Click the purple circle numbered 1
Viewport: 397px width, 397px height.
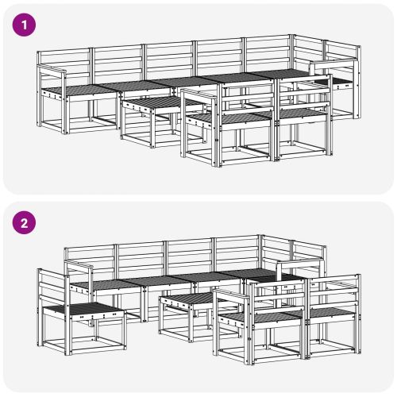pyautogui.click(x=24, y=25)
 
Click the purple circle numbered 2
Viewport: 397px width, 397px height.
pyautogui.click(x=24, y=223)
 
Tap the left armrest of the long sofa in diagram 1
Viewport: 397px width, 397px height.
pyautogui.click(x=52, y=69)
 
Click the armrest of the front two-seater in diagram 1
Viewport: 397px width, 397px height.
pyautogui.click(x=200, y=95)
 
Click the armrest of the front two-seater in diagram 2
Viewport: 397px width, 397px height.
pyautogui.click(x=232, y=295)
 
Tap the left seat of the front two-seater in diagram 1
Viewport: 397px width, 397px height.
pyautogui.click(x=230, y=118)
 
